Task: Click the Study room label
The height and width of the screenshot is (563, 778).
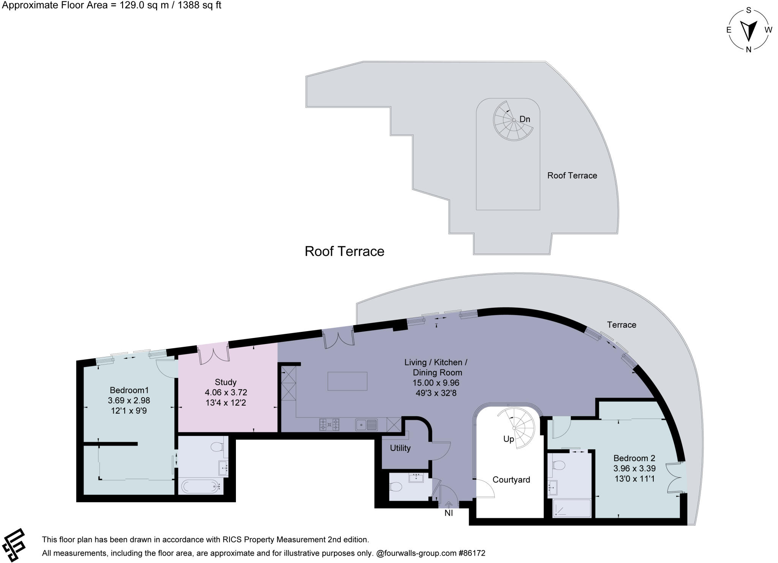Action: pyautogui.click(x=225, y=382)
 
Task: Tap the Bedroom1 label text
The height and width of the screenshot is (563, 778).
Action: pyautogui.click(x=129, y=390)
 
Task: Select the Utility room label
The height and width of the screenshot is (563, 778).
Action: pyautogui.click(x=400, y=448)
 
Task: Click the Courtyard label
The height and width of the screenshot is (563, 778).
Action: pyautogui.click(x=511, y=480)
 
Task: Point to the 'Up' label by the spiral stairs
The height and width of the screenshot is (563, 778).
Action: pyautogui.click(x=508, y=439)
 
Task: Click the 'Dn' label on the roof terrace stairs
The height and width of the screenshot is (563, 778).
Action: pyautogui.click(x=525, y=119)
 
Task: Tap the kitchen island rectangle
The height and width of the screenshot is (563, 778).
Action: pyautogui.click(x=347, y=381)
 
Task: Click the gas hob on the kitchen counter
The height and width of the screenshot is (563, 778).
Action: pyautogui.click(x=329, y=424)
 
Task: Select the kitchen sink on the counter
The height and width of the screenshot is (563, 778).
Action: pyautogui.click(x=366, y=425)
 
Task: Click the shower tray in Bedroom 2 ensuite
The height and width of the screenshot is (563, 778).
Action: pyautogui.click(x=572, y=508)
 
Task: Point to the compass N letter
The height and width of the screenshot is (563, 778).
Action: pyautogui.click(x=748, y=49)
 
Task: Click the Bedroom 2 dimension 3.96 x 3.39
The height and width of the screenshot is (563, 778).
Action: pyautogui.click(x=634, y=468)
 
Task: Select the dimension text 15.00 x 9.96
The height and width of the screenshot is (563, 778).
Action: pyautogui.click(x=436, y=383)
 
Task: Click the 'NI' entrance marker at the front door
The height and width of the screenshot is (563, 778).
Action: pyautogui.click(x=449, y=513)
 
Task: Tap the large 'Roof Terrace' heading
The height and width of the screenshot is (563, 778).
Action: pyautogui.click(x=344, y=251)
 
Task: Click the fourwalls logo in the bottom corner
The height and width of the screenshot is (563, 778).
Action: pyautogui.click(x=13, y=545)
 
